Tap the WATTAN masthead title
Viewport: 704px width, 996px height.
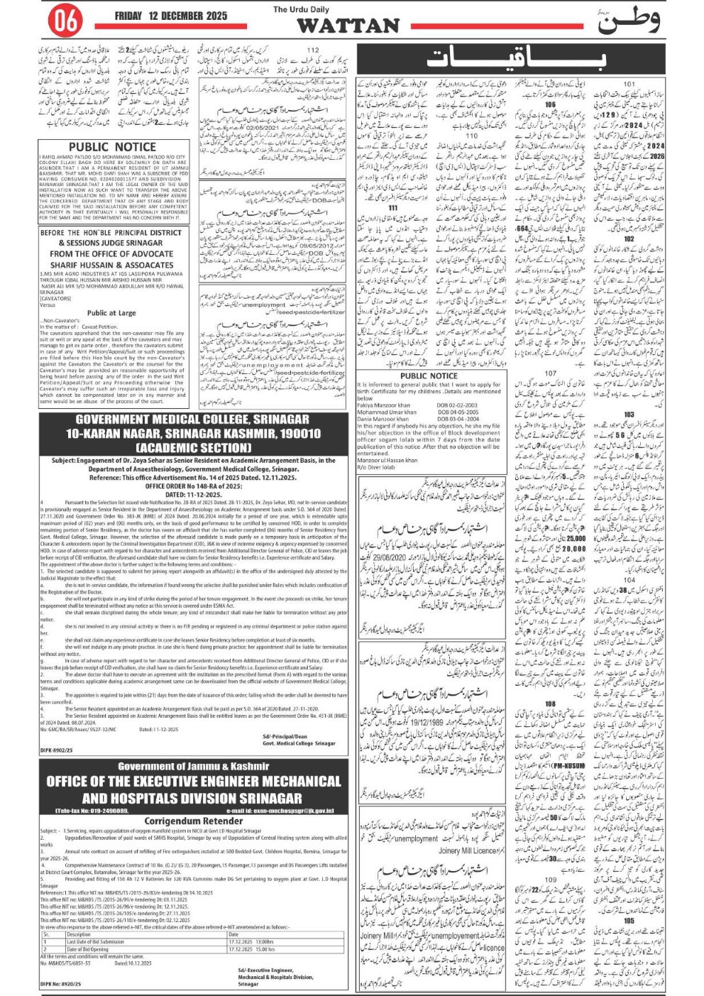pyautogui.click(x=348, y=26)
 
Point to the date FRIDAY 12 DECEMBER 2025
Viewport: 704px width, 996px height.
pyautogui.click(x=171, y=16)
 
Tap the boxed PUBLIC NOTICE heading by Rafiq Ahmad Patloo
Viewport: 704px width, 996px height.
pyautogui.click(x=112, y=147)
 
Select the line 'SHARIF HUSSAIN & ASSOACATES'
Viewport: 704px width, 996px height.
pyautogui.click(x=111, y=265)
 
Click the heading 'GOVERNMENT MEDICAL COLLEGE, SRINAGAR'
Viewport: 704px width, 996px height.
pyautogui.click(x=192, y=420)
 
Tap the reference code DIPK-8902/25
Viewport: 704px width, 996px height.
pyautogui.click(x=56, y=750)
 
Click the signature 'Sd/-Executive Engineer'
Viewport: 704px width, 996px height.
pyautogui.click(x=266, y=970)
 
